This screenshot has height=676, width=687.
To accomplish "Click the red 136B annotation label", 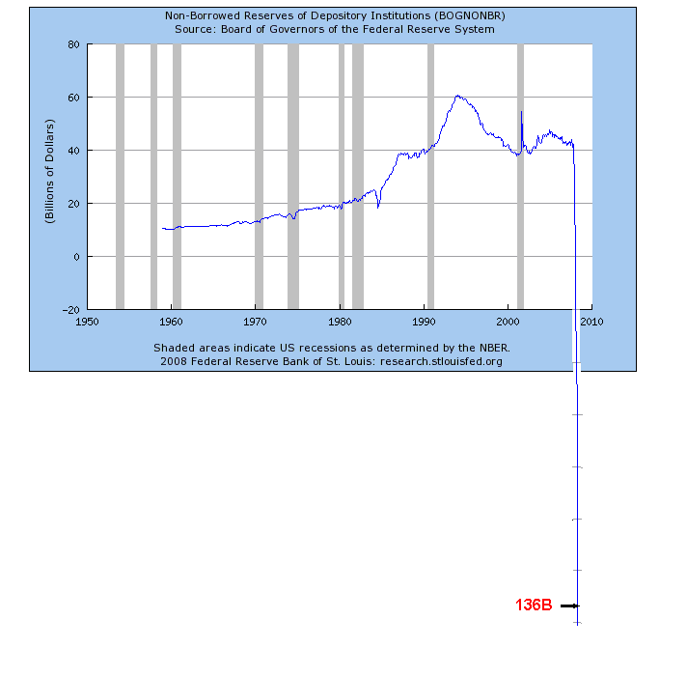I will [534, 606].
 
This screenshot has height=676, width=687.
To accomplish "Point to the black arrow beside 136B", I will [568, 606].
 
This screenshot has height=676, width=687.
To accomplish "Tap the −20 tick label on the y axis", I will [69, 310].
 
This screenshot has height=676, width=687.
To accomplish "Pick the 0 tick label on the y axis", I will [75, 257].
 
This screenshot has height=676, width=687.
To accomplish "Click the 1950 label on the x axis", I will [88, 323].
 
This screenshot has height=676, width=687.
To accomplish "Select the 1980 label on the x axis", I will [340, 323].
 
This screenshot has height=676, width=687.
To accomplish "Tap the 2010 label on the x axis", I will [591, 323].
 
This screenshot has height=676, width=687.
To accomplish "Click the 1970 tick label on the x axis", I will [256, 323].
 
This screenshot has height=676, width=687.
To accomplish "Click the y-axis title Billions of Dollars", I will [49, 172].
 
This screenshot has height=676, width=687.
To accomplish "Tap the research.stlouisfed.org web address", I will [441, 361].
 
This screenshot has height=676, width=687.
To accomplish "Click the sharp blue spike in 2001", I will [521, 113].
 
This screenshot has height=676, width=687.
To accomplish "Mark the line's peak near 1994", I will [457, 96].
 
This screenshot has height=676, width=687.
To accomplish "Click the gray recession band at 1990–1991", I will [430, 174].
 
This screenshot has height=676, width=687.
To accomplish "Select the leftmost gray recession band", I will [120, 174].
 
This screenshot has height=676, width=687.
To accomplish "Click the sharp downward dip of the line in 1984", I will [378, 206].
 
